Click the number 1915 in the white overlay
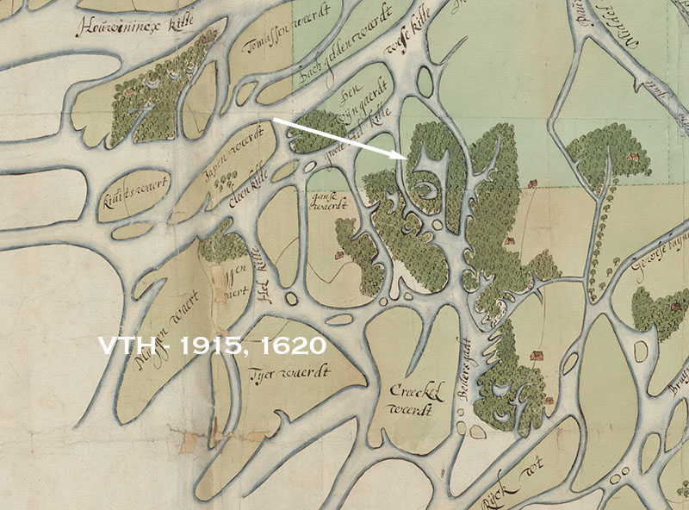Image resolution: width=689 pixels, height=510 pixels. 202,346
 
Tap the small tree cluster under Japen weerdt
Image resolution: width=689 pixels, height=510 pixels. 227,179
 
